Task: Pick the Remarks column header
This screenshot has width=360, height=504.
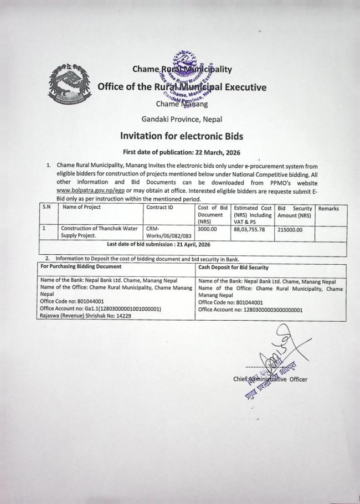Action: click(x=328, y=208)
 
